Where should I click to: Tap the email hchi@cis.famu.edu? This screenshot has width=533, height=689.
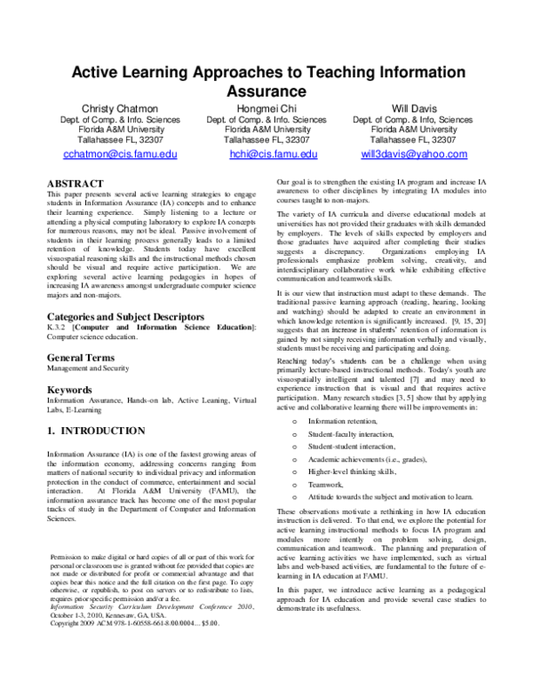point(273,154)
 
